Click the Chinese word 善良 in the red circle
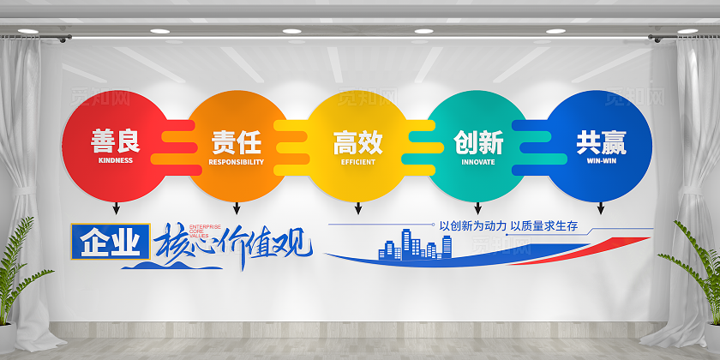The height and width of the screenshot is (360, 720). click(x=116, y=141)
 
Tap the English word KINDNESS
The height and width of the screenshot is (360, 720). click(x=116, y=160)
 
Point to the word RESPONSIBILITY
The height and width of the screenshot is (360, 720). click(x=237, y=161)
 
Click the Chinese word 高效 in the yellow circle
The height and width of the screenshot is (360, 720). click(x=357, y=141)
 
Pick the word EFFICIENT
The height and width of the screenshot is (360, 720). click(x=357, y=161)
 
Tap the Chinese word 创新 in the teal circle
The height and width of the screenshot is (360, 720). click(x=478, y=141)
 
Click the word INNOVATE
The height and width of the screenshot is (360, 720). click(x=478, y=161)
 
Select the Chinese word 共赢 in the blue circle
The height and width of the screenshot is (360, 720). click(x=600, y=141)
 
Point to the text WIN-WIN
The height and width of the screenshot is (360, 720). click(x=600, y=160)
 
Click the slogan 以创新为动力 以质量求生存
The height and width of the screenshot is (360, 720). click(x=507, y=226)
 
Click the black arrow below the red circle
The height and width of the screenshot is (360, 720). click(x=116, y=207)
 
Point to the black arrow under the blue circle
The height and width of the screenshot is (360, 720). click(x=600, y=207)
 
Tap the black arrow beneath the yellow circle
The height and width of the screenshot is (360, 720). click(x=357, y=207)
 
